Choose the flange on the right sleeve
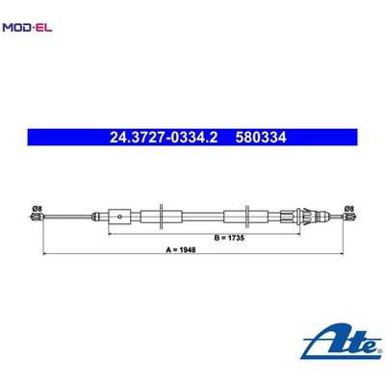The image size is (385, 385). [x=251, y=216]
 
